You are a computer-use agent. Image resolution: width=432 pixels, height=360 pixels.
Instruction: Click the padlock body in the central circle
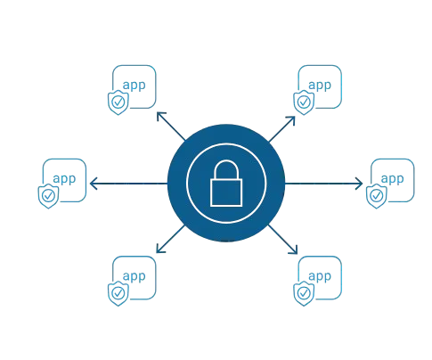pos(226,192)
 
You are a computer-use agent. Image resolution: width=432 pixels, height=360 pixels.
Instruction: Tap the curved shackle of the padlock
pos(226,161)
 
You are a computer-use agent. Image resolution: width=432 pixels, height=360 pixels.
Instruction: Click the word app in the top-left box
pos(134,86)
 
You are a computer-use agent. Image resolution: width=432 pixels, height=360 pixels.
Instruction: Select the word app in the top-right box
pos(320,86)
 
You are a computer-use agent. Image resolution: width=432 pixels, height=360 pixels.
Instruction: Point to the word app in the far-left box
pos(64,179)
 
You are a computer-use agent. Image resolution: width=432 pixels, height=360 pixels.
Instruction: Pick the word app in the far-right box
pos(392,179)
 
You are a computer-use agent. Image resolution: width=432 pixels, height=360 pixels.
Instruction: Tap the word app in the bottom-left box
pos(134,276)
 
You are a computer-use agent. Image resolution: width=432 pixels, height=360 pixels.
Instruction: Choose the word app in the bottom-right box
pos(320,276)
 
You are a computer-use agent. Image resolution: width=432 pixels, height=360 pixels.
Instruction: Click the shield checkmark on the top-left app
pos(118,102)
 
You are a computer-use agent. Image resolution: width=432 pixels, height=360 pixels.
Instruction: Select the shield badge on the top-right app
pos(304,102)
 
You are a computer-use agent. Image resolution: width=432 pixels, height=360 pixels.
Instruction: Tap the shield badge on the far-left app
pos(48,196)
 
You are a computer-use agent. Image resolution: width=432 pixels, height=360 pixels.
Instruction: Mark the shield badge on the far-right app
pos(377,196)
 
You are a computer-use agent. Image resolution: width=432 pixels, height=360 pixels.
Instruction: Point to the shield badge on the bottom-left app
pos(118,293)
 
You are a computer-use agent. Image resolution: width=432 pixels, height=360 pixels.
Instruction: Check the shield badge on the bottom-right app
pos(304,293)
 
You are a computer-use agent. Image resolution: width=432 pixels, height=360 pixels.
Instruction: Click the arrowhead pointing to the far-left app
pos(94,184)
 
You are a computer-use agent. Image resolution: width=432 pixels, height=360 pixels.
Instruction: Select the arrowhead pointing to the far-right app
pos(359,184)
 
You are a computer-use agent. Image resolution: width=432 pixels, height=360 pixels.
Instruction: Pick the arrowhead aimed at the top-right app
pos(291,120)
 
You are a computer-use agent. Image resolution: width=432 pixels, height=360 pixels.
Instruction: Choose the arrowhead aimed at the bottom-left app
pos(160,249)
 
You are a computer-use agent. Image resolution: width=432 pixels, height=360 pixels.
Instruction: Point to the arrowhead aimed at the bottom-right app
pos(293,250)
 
